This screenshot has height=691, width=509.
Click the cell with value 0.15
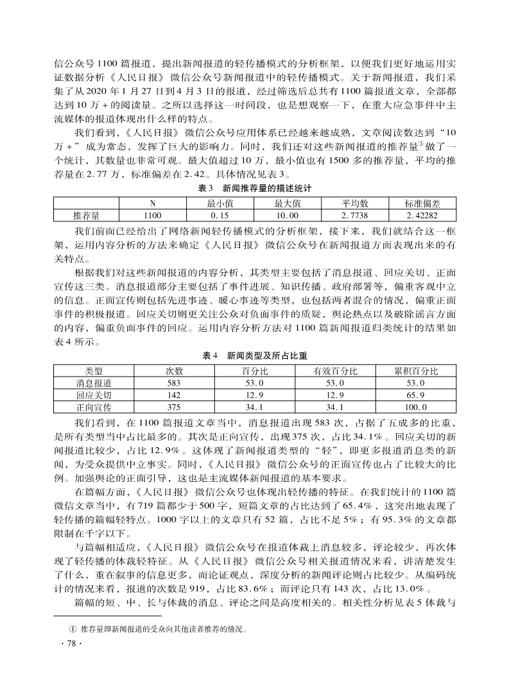click(x=220, y=216)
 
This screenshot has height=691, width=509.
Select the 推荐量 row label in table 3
click(x=86, y=216)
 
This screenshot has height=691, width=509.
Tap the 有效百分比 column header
click(x=335, y=371)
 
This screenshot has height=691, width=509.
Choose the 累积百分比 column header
click(x=415, y=371)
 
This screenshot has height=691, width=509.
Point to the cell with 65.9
click(x=415, y=395)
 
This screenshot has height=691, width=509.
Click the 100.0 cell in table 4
click(x=415, y=407)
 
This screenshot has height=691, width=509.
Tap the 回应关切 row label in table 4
click(x=94, y=395)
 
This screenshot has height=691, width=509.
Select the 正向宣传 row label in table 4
click(x=94, y=407)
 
